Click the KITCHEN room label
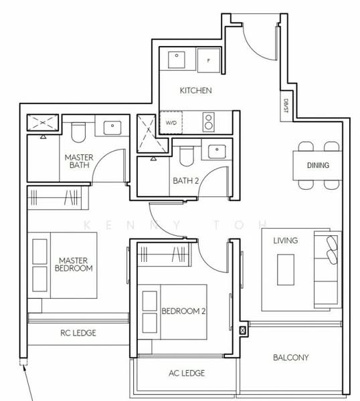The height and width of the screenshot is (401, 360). (x=196, y=90)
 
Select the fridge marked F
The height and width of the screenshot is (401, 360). (x=209, y=59)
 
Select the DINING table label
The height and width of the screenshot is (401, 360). (x=318, y=165)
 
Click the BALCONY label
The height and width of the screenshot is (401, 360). (x=291, y=358)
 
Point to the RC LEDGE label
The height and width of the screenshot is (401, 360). (x=78, y=333)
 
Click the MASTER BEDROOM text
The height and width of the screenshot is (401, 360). (x=75, y=264)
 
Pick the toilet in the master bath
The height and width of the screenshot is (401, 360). (x=78, y=132)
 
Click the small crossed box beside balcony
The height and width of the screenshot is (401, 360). (x=242, y=329)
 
